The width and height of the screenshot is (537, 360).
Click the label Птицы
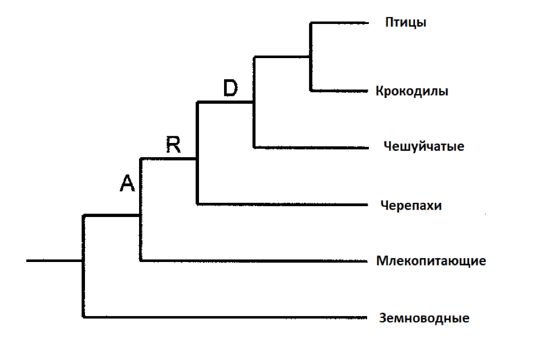pos(406,23)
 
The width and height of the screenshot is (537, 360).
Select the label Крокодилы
pos(412,91)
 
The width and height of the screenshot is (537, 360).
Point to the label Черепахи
pos(410,204)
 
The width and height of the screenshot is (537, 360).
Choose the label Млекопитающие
pos(431,261)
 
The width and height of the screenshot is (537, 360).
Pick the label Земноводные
pos(424,318)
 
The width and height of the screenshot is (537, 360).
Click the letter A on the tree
pos(127,183)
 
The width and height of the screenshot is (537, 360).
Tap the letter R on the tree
pos(173,146)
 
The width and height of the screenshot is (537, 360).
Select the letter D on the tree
pos(229,89)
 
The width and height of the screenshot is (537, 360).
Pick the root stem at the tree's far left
pos(55,261)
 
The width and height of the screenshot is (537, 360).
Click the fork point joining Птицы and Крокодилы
pos(311,57)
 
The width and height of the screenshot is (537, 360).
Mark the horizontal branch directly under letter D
pos(226,103)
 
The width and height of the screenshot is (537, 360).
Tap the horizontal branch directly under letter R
pos(169,159)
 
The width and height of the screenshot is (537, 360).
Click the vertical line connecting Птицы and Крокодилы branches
pos(311,74)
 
